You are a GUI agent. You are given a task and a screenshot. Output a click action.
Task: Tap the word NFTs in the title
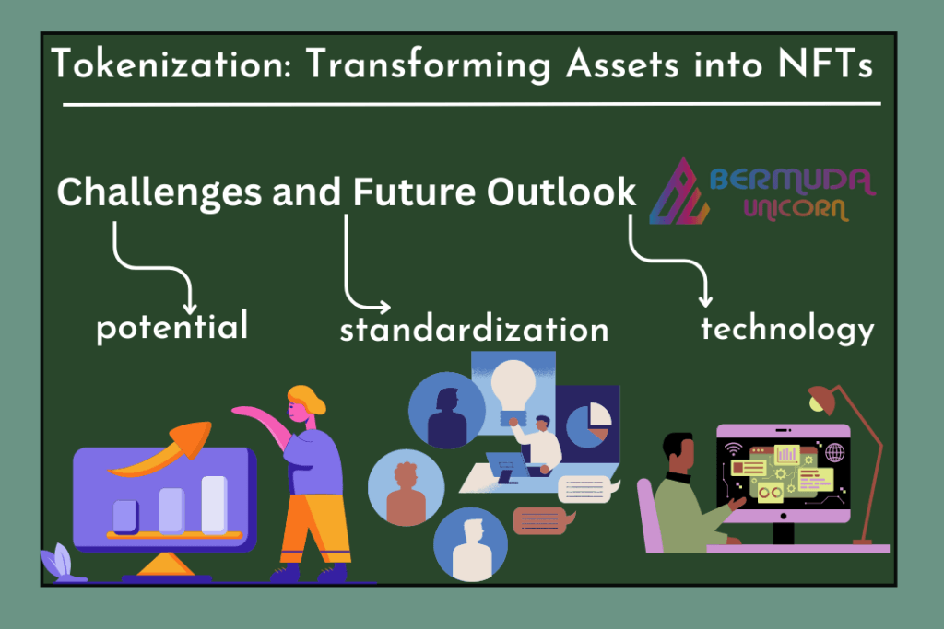825,64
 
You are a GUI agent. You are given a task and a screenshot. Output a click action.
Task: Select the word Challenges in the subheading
159,193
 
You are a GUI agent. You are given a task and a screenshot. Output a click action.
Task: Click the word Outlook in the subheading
561,192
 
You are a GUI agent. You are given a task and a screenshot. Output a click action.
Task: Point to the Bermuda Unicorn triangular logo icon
680,193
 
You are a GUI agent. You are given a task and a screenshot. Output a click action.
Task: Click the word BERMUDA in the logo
793,181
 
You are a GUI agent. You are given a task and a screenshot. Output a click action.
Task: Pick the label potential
172,327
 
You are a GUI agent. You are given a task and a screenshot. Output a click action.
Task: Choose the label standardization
474,330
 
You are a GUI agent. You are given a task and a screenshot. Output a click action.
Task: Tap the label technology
787,329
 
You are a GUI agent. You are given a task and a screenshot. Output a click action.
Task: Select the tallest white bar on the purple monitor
214,504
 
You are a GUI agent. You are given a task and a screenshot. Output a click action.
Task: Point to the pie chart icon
589,425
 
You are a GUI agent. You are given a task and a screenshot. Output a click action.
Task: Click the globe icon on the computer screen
834,451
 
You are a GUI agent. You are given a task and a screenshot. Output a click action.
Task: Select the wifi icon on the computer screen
733,449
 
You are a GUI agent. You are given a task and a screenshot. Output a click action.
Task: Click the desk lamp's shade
822,401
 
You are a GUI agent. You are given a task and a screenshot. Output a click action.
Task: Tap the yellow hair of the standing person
308,398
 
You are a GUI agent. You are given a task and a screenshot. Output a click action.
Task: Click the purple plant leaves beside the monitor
58,562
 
